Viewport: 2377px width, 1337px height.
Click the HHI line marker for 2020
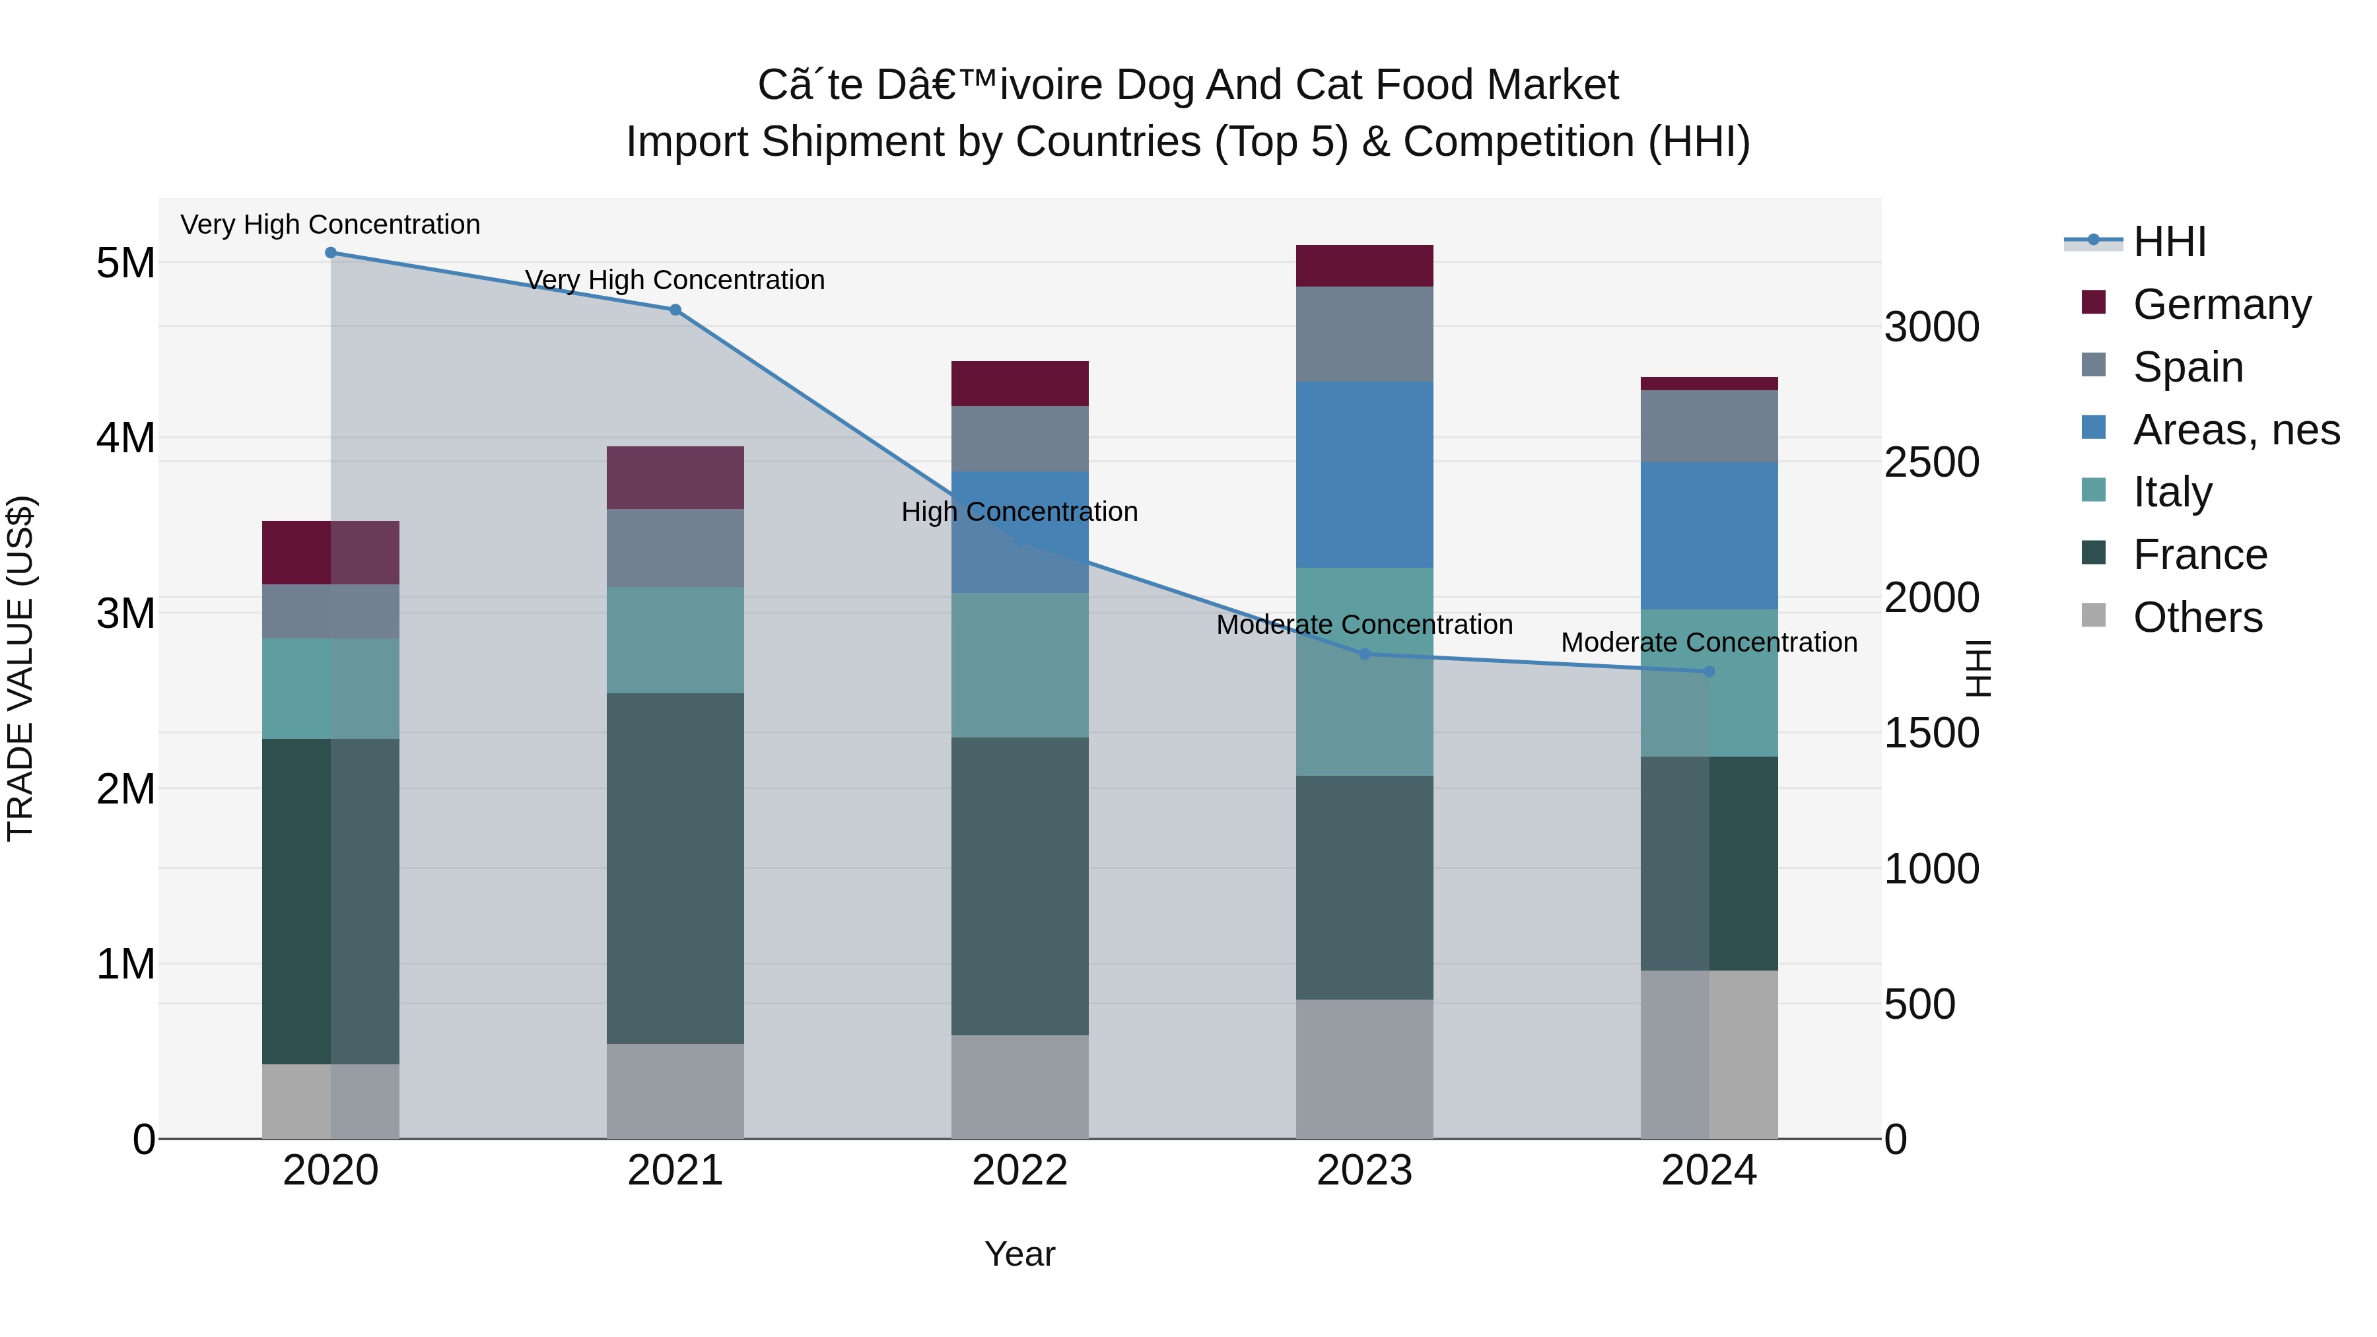pyautogui.click(x=330, y=253)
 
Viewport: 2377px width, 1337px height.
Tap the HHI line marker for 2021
pyautogui.click(x=675, y=310)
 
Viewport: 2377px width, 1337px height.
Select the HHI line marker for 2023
pyautogui.click(x=1365, y=654)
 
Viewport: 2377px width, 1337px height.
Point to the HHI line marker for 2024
pyautogui.click(x=1709, y=671)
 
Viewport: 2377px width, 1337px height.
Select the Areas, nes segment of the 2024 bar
pyautogui.click(x=1709, y=535)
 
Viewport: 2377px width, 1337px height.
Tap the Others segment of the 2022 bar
pyautogui.click(x=1019, y=1086)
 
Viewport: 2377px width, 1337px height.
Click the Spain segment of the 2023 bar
pyautogui.click(x=1365, y=334)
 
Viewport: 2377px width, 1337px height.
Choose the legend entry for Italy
pyautogui.click(x=2172, y=492)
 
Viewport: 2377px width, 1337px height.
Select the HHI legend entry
pyautogui.click(x=2168, y=242)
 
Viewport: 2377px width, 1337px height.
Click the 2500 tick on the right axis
pyautogui.click(x=1931, y=462)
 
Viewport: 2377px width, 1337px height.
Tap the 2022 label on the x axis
pyautogui.click(x=1019, y=1171)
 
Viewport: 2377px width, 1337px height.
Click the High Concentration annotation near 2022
pyautogui.click(x=1019, y=512)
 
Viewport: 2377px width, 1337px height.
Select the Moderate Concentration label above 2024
pyautogui.click(x=1709, y=643)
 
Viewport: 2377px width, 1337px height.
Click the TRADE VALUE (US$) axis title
pyautogui.click(x=20, y=668)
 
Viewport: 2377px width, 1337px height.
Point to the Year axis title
pyautogui.click(x=1019, y=1254)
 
